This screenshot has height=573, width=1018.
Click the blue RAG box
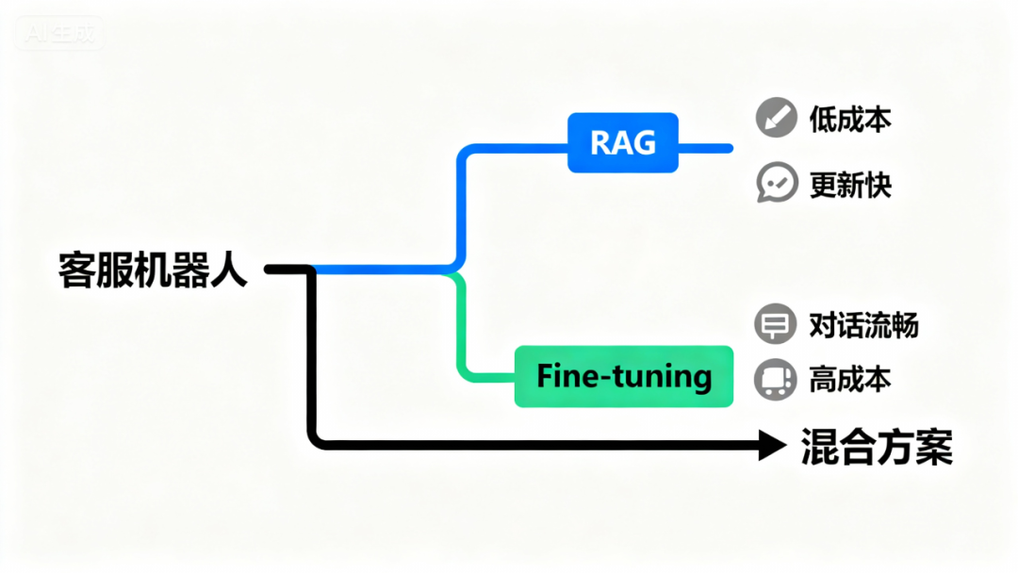pyautogui.click(x=622, y=142)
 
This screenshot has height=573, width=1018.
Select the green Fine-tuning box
pyautogui.click(x=623, y=377)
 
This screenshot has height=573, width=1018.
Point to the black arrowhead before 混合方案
pyautogui.click(x=773, y=445)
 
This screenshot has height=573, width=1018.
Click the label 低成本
pyautogui.click(x=850, y=120)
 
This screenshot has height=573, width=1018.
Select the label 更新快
pyautogui.click(x=850, y=184)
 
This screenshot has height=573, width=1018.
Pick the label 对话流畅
pyautogui.click(x=863, y=325)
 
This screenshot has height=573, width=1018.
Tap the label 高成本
pyautogui.click(x=850, y=380)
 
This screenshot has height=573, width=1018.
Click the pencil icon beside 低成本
pyautogui.click(x=777, y=120)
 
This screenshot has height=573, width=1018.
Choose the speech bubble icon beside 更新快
pyautogui.click(x=777, y=184)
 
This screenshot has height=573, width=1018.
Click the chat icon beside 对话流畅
pyautogui.click(x=775, y=325)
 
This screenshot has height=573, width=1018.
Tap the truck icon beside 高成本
pyautogui.click(x=775, y=380)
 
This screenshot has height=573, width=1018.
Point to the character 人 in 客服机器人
pyautogui.click(x=229, y=270)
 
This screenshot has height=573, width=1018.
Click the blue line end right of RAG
pyautogui.click(x=728, y=148)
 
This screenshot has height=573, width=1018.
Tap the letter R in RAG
pyautogui.click(x=600, y=143)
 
